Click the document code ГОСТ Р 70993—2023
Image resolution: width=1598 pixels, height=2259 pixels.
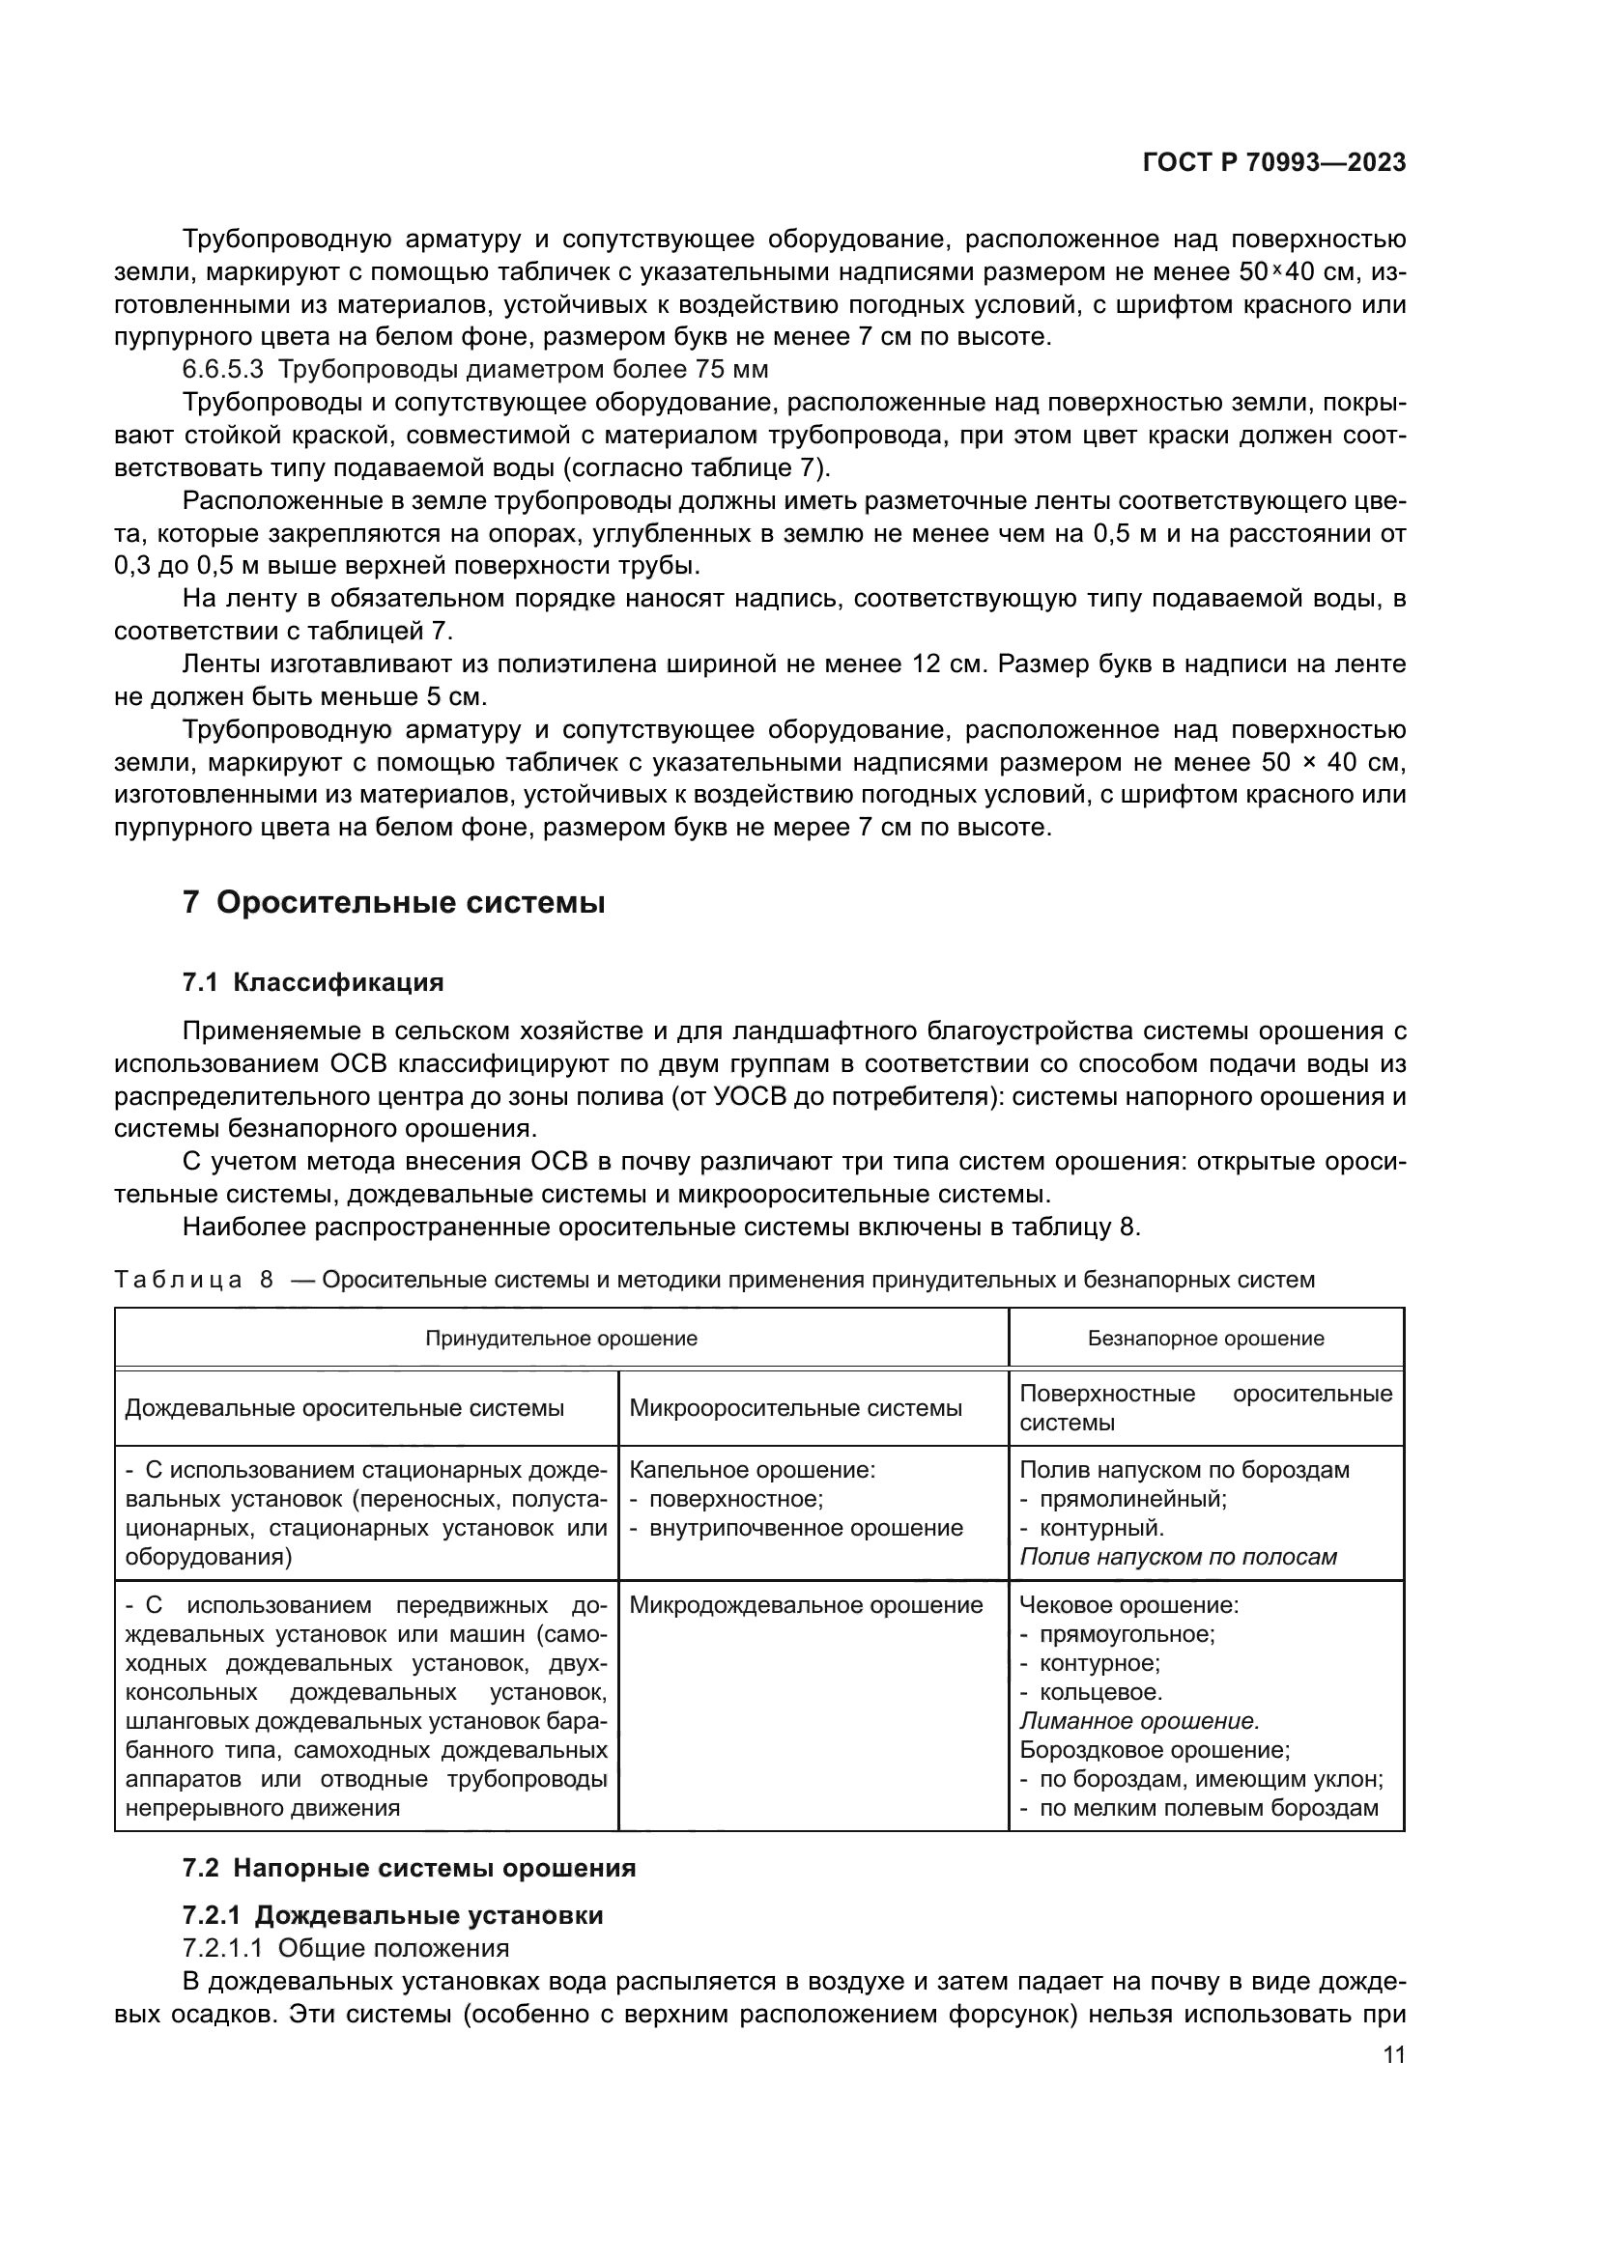1273,163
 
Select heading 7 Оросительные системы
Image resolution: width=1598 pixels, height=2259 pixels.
393,903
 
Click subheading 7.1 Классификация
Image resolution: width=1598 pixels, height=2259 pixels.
313,982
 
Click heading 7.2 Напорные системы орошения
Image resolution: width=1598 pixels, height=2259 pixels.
410,1868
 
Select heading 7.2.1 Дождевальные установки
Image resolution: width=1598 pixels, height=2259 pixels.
392,1915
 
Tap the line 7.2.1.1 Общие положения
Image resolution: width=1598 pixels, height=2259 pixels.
347,1948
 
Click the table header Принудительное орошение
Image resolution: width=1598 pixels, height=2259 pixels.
561,1338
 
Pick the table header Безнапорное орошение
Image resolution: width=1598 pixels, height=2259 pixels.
1206,1338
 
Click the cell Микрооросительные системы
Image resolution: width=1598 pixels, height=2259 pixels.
795,1408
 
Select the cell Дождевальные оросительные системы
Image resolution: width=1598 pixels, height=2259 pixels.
344,1408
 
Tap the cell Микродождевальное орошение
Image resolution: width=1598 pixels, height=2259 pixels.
806,1605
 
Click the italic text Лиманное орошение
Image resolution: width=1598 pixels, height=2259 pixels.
1139,1721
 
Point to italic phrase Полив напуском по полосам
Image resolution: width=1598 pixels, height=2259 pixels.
1178,1557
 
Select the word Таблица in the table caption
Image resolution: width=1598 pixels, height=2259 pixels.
178,1280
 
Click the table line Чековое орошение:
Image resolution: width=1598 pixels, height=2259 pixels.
1128,1605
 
